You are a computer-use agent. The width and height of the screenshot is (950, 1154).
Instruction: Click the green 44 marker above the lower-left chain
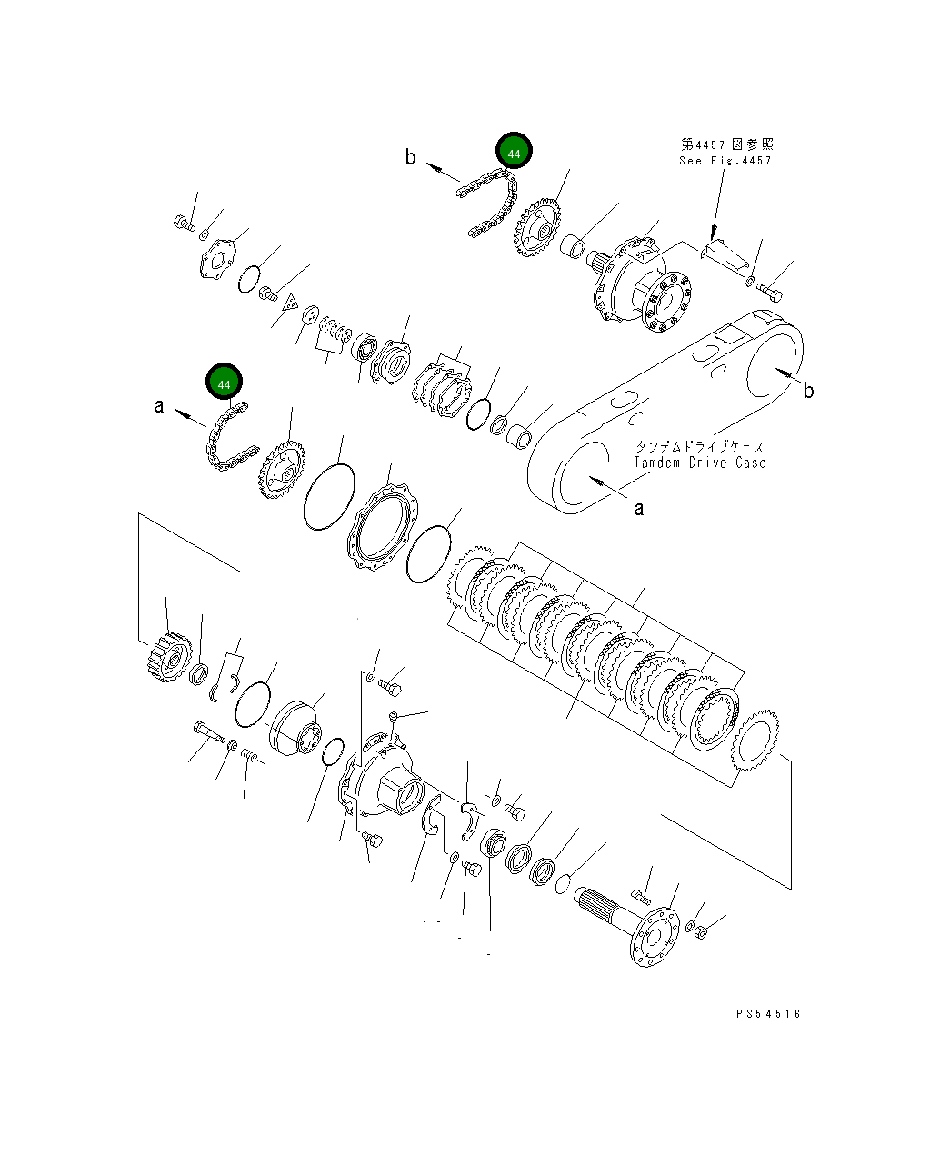coord(225,383)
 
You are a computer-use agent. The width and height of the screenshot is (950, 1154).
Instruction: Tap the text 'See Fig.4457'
coord(725,161)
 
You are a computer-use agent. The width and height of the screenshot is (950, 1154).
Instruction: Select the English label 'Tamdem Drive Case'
coord(699,463)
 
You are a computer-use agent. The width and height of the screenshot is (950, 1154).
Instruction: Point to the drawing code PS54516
coord(768,1014)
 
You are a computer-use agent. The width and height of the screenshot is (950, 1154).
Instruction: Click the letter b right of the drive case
coord(807,391)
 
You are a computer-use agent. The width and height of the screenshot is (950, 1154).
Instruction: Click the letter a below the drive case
coord(638,509)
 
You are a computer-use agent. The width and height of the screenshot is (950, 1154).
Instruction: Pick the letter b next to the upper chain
coord(411,158)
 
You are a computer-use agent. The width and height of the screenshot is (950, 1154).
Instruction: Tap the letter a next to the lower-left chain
coord(159,406)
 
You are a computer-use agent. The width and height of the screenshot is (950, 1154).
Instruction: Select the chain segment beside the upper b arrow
coord(491,204)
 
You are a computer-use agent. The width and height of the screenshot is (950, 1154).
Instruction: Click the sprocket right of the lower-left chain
coord(281,468)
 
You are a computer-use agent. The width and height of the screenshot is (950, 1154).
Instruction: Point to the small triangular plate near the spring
coord(291,303)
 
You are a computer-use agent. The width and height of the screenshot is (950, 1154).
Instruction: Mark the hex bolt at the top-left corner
coord(183,222)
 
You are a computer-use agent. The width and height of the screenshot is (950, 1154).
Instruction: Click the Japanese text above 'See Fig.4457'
coord(727,144)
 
